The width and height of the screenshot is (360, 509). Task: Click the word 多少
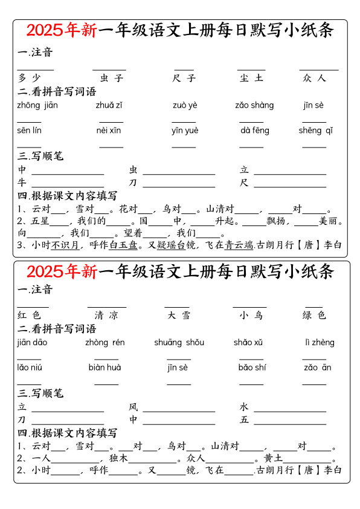tap(29, 78)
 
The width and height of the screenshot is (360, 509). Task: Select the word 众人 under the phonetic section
tap(314, 78)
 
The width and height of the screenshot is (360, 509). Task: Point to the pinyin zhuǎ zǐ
tap(109, 105)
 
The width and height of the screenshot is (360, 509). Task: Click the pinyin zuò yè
tap(185, 105)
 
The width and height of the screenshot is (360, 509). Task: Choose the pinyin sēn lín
tap(29, 131)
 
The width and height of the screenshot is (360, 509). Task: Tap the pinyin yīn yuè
tap(185, 131)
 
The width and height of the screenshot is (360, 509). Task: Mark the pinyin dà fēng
tap(255, 131)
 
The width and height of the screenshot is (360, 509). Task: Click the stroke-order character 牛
tap(22, 183)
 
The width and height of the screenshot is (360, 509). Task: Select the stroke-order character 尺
tap(244, 183)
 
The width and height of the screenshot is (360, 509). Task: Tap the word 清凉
tap(106, 315)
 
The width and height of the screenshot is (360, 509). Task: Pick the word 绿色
tap(314, 315)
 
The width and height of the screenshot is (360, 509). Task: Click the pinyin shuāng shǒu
tap(179, 343)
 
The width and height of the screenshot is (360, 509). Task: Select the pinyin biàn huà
tap(104, 368)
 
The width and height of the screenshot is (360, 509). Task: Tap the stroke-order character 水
tap(244, 407)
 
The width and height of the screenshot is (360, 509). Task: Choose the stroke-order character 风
tap(133, 407)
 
